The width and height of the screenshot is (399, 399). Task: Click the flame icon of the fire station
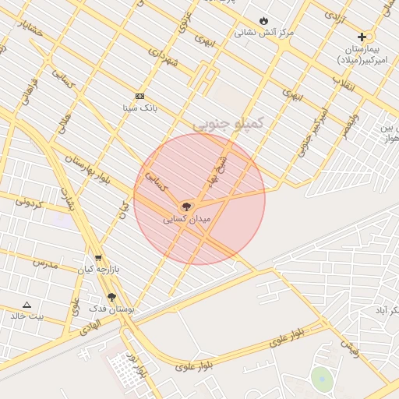[x=263, y=21]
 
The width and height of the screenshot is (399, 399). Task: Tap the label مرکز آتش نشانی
[x=264, y=33]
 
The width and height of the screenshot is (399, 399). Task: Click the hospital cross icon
[x=362, y=37]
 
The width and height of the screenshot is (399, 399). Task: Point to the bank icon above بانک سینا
[x=139, y=96]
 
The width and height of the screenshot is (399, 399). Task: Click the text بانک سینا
[x=139, y=108]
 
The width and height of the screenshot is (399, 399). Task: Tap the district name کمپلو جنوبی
[x=229, y=122]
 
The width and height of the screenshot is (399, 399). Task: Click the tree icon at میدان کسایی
[x=185, y=207]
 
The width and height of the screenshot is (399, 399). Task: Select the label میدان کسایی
[x=187, y=220]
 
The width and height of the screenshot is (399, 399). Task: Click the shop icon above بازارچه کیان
[x=98, y=258]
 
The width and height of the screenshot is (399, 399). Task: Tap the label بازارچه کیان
[x=97, y=270]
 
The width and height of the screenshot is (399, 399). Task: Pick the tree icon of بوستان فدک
[x=112, y=297]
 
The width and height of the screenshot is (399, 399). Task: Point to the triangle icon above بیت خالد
[x=26, y=305]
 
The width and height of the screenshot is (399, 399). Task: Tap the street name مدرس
[x=44, y=263]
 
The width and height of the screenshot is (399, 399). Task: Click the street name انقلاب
[x=344, y=84]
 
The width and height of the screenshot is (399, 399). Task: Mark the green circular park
[x=322, y=379]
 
